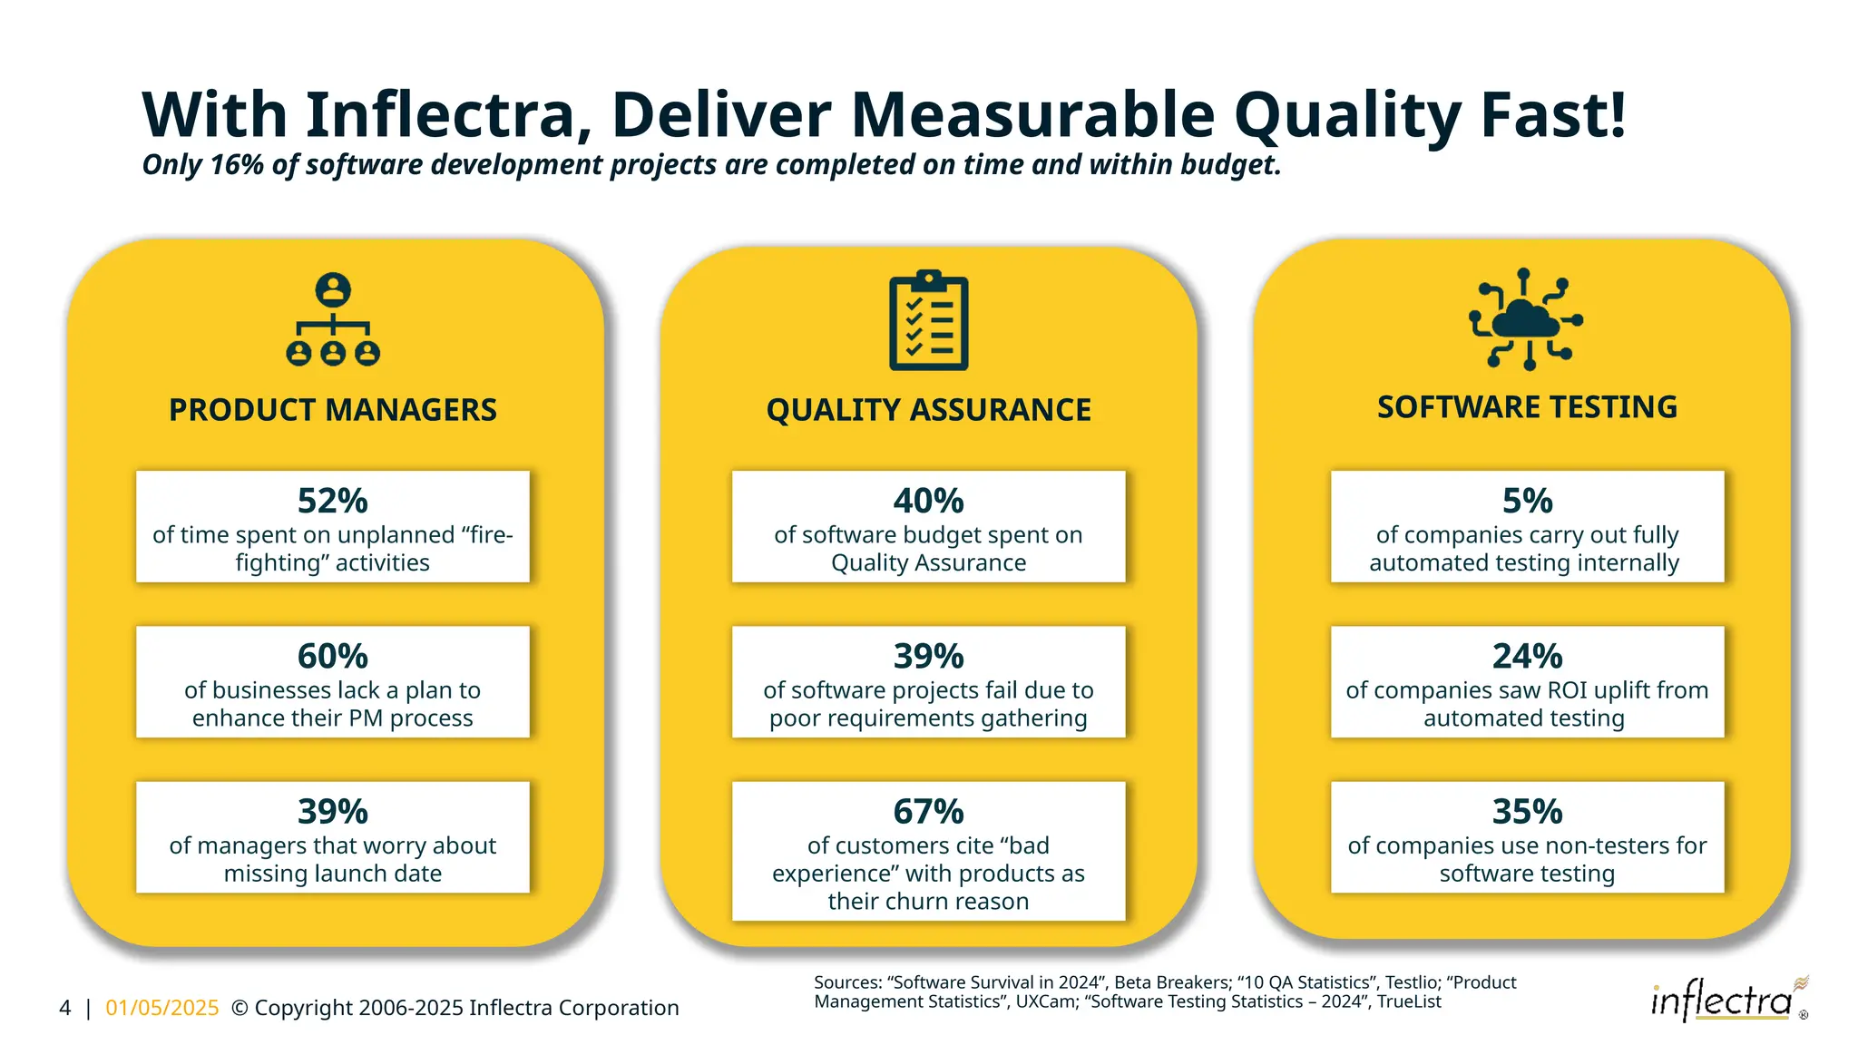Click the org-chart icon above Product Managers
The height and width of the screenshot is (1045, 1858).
point(333,319)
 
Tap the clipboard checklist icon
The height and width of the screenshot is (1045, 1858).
point(928,320)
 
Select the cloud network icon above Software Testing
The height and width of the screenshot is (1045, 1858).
point(1526,319)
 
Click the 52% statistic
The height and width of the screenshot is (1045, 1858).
point(332,501)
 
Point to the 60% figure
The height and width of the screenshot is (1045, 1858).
point(332,656)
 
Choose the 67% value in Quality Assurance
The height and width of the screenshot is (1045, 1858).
point(928,811)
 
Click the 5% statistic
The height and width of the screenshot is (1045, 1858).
point(1527,501)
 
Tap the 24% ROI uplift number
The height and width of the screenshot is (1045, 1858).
point(1527,656)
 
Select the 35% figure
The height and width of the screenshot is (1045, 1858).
point(1527,811)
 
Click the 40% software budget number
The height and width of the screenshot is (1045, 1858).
point(928,501)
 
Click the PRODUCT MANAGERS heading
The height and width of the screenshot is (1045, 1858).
point(332,410)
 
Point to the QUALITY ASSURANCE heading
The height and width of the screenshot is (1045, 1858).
point(928,410)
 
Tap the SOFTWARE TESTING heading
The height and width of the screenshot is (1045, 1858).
point(1527,407)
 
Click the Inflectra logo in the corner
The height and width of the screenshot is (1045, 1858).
point(1723,1001)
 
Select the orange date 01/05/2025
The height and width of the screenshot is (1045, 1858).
point(162,1008)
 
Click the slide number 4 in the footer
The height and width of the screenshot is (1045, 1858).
point(64,1008)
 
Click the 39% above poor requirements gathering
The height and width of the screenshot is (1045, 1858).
point(928,656)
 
